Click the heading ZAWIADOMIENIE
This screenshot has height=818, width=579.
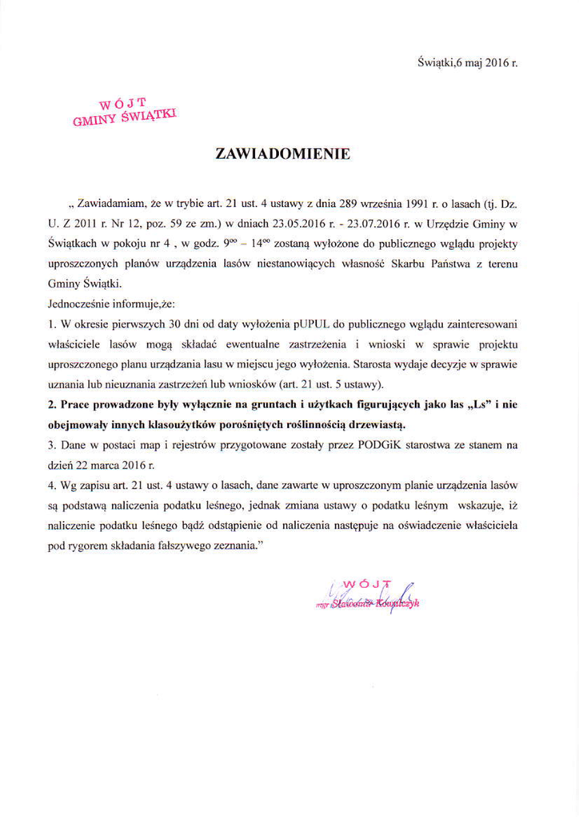(x=284, y=154)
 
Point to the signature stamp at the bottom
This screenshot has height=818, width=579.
(x=376, y=596)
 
